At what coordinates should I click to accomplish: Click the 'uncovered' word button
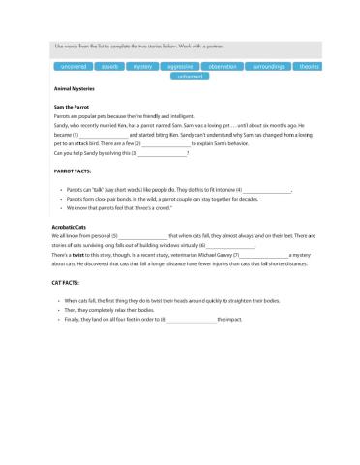click(74, 67)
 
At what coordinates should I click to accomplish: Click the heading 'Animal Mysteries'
click(75, 88)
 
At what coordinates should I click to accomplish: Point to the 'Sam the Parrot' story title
click(72, 105)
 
